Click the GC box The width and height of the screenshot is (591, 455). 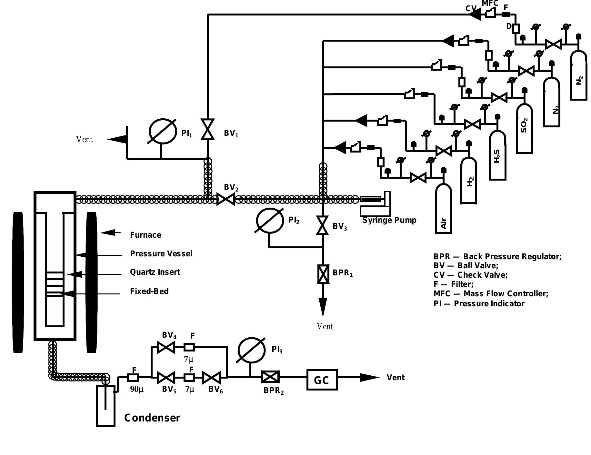click(x=322, y=380)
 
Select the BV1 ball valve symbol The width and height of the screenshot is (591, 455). click(x=208, y=129)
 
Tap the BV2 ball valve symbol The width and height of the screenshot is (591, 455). click(x=225, y=199)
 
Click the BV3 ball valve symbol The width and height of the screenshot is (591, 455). click(x=322, y=225)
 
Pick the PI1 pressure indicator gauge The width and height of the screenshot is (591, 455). click(x=162, y=131)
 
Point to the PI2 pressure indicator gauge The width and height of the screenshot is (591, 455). click(x=270, y=220)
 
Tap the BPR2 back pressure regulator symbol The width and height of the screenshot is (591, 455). click(x=270, y=377)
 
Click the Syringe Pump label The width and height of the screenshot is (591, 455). click(x=389, y=220)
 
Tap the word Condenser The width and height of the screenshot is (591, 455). click(x=152, y=418)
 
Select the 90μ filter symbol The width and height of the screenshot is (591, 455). click(x=133, y=377)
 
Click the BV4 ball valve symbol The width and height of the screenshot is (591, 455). click(x=165, y=347)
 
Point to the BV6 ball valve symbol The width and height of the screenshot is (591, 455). click(x=212, y=377)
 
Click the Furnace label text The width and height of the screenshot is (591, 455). click(x=145, y=235)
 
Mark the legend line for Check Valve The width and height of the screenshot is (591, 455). click(x=470, y=275)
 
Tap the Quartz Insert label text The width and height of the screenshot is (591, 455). click(x=155, y=272)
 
